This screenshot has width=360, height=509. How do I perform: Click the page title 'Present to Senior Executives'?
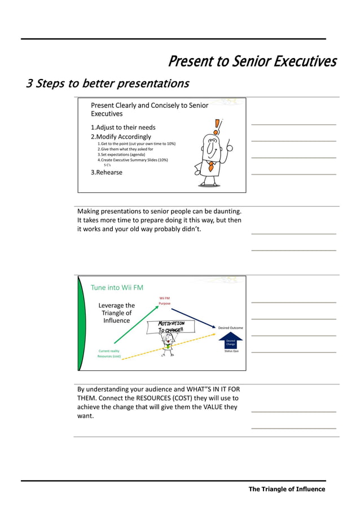pos(252,61)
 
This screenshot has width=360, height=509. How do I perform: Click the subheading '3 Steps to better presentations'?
pos(108,84)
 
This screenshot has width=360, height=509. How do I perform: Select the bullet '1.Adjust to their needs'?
pos(123,128)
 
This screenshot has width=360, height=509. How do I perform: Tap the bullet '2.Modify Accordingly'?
pos(121,137)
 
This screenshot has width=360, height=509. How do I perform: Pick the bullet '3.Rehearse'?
pos(107,173)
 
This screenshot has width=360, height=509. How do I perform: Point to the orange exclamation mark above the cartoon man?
pos(217,125)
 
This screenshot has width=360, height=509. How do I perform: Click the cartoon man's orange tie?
pos(210,166)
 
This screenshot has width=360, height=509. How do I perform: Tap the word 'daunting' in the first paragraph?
pos(223,211)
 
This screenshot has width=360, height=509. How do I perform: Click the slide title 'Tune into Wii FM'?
pos(117,287)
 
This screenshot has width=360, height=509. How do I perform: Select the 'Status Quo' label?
pos(232,351)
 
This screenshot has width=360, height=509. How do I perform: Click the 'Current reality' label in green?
pos(108,351)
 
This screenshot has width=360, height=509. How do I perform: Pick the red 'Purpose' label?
pos(164,304)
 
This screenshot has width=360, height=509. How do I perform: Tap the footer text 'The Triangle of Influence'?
pos(287,489)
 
